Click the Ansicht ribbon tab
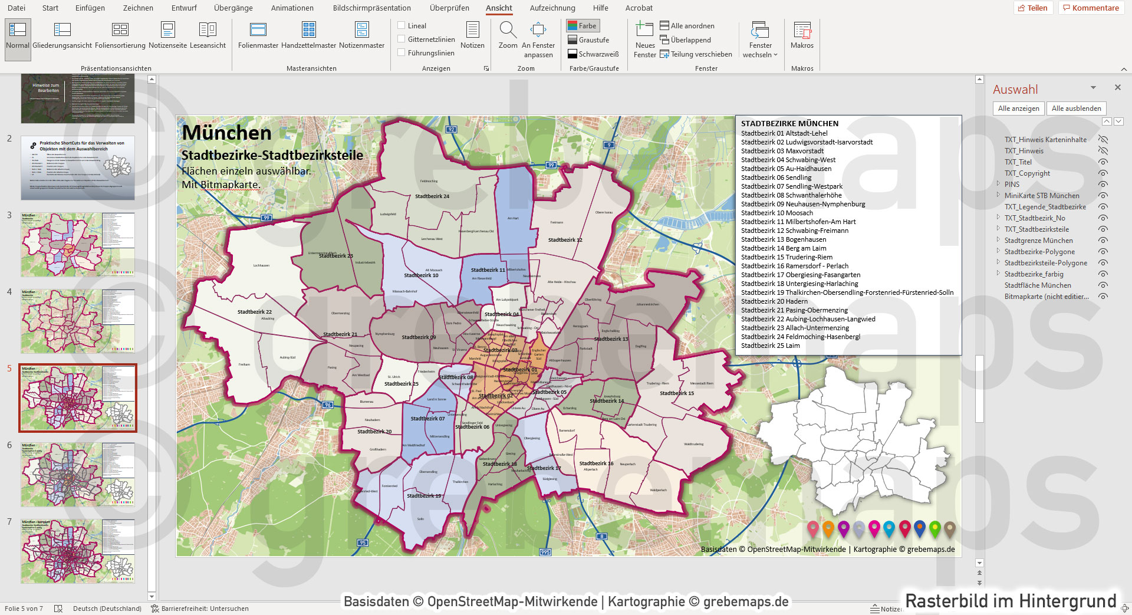pos(499,8)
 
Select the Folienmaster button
pos(258,35)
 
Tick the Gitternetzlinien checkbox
pos(402,39)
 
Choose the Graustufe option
pos(588,40)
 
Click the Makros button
pos(802,35)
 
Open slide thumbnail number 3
pos(78,245)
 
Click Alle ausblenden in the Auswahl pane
pos(1076,108)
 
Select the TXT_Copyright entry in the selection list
pos(1027,173)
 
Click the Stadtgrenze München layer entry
pos(1038,241)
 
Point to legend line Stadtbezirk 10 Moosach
pos(776,213)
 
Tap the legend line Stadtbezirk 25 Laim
pos(770,346)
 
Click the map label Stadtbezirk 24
pos(432,196)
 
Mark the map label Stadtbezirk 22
pos(254,312)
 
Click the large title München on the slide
pos(226,133)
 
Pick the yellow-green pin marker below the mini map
pos(934,528)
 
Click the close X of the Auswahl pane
pos(1117,87)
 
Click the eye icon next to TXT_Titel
pos(1103,162)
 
